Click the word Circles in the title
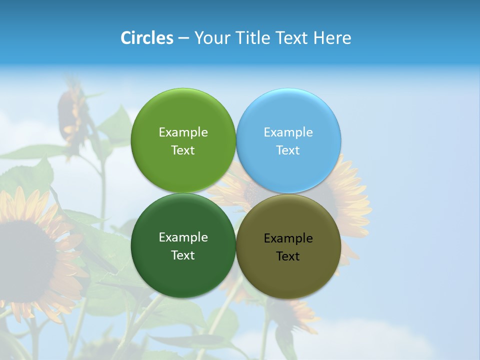147,38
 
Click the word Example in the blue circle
288,132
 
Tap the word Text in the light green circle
183,150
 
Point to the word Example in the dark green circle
183,237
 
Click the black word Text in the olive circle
288,256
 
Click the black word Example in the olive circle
288,238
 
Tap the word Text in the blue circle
288,150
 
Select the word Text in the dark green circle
183,255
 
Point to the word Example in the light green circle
183,132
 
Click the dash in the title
183,38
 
